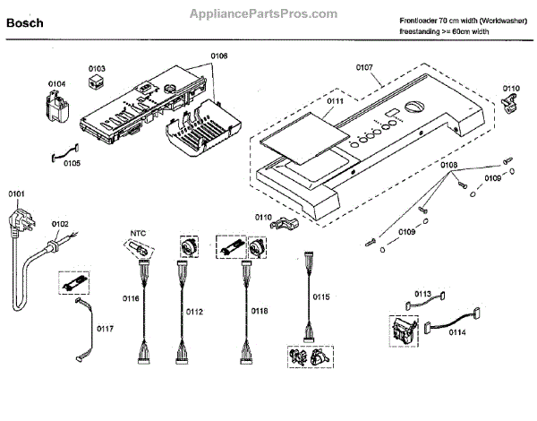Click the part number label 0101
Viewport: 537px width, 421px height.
pyautogui.click(x=17, y=194)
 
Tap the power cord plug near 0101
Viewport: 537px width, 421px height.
pyautogui.click(x=19, y=219)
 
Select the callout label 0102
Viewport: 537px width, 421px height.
pyautogui.click(x=60, y=224)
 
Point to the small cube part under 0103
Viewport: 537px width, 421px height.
pyautogui.click(x=96, y=82)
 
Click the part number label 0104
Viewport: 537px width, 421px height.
pyautogui.click(x=56, y=84)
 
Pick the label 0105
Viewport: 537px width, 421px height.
pyautogui.click(x=71, y=163)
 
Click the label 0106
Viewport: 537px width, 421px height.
pyautogui.click(x=219, y=56)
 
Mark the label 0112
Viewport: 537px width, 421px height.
pyautogui.click(x=194, y=311)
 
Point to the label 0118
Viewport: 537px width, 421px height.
pyautogui.click(x=259, y=311)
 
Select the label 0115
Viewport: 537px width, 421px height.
pyautogui.click(x=320, y=296)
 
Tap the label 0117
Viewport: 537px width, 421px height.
pyautogui.click(x=105, y=329)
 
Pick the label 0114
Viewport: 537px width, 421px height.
pyautogui.click(x=457, y=331)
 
